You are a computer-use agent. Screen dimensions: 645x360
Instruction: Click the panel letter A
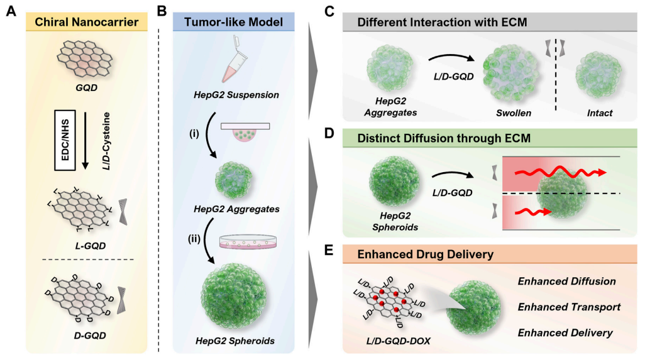click(x=11, y=11)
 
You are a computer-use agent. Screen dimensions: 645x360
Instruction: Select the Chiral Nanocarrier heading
click(x=86, y=22)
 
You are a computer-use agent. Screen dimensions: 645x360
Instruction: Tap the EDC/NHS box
click(x=65, y=140)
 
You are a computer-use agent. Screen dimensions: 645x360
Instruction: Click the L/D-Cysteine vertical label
click(x=106, y=141)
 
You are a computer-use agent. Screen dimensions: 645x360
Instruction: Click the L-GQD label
click(x=90, y=246)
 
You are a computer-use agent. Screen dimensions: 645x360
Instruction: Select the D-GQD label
click(x=90, y=335)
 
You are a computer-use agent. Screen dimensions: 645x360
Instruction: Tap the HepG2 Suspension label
click(x=236, y=95)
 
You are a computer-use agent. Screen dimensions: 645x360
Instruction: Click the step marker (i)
click(x=194, y=134)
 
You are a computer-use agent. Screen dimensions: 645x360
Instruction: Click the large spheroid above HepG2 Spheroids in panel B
click(x=234, y=296)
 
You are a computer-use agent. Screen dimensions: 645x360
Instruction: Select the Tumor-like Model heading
click(x=233, y=22)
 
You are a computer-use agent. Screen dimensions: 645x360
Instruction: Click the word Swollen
click(x=514, y=113)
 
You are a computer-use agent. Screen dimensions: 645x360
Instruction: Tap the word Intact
click(x=599, y=113)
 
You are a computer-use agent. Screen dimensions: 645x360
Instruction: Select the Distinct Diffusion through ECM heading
click(x=444, y=138)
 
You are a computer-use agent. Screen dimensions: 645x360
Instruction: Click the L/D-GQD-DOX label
click(x=398, y=341)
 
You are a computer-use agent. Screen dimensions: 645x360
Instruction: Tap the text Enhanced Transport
click(x=569, y=307)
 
